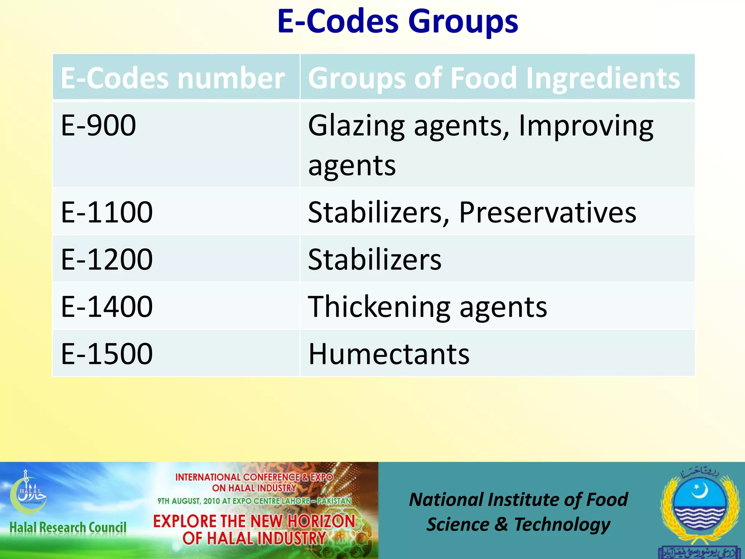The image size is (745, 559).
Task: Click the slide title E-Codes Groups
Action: pyautogui.click(x=397, y=22)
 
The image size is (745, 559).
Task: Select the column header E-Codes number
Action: pyautogui.click(x=172, y=78)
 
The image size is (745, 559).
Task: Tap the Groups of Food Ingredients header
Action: pyautogui.click(x=494, y=78)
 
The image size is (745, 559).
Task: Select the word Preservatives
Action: pyautogui.click(x=547, y=212)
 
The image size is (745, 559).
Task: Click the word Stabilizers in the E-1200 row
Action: pyautogui.click(x=375, y=259)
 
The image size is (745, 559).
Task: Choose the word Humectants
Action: pyautogui.click(x=389, y=354)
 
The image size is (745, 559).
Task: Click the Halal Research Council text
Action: pyautogui.click(x=68, y=527)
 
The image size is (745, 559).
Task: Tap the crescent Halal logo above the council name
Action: pyautogui.click(x=28, y=491)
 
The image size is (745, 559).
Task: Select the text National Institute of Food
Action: pyautogui.click(x=518, y=499)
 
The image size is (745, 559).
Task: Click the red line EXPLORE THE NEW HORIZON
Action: pyautogui.click(x=254, y=521)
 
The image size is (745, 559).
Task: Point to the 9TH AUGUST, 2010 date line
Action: pyautogui.click(x=254, y=501)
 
